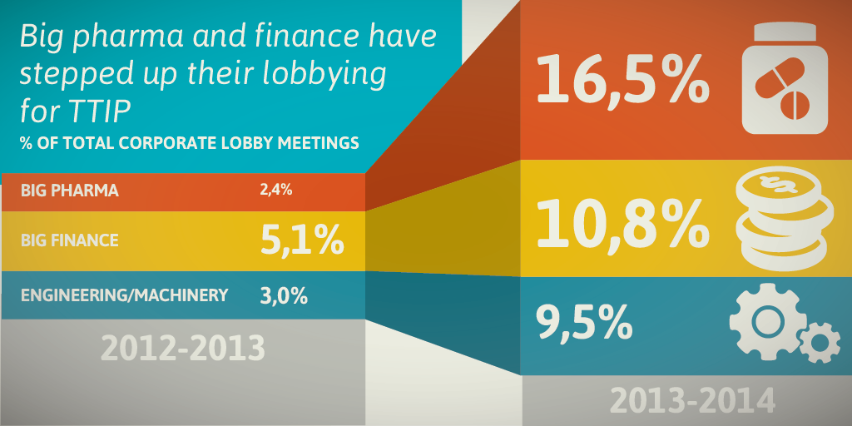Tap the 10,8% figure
[x=622, y=221]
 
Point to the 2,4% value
[x=275, y=190]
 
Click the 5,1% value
[x=302, y=240]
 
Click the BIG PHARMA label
[x=70, y=191]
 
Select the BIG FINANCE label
[x=70, y=240]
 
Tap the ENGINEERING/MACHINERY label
[x=124, y=295]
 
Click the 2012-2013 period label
[x=183, y=348]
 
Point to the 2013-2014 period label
[x=692, y=400]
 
